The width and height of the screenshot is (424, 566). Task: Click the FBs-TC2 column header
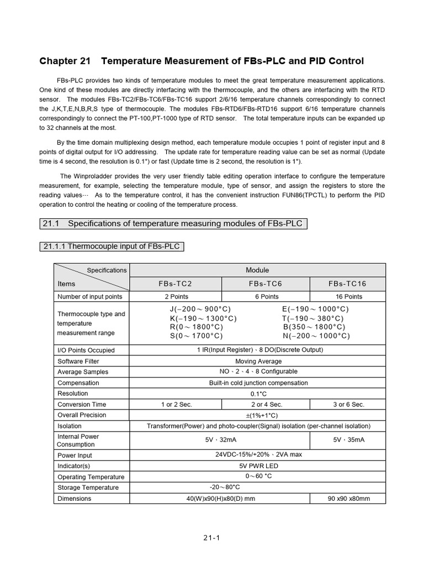point(175,284)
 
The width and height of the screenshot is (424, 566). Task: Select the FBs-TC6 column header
point(266,284)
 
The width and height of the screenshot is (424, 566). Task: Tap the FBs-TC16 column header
point(347,284)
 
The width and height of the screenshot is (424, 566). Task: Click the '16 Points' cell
point(347,297)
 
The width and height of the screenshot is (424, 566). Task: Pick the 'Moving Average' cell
point(257,361)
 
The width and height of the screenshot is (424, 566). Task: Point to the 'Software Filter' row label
point(78,361)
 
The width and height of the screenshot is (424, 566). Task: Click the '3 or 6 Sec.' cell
point(348,404)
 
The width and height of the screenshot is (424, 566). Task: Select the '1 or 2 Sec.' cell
point(176,404)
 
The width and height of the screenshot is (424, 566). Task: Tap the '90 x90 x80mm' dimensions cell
point(348,499)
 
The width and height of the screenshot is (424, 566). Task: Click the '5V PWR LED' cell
point(258,465)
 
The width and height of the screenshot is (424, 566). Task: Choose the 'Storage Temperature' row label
point(88,488)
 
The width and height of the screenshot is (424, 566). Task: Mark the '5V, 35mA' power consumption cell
point(348,440)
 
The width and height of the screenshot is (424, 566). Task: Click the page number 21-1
point(212,537)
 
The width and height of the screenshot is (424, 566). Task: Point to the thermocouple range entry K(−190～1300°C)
point(203,318)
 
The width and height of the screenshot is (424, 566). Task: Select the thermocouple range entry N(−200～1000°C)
point(316,336)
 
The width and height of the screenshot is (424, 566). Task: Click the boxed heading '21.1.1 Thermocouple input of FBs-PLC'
point(112,246)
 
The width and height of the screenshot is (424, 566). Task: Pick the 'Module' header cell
point(257,270)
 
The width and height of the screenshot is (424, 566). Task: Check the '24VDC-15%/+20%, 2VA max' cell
point(258,454)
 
